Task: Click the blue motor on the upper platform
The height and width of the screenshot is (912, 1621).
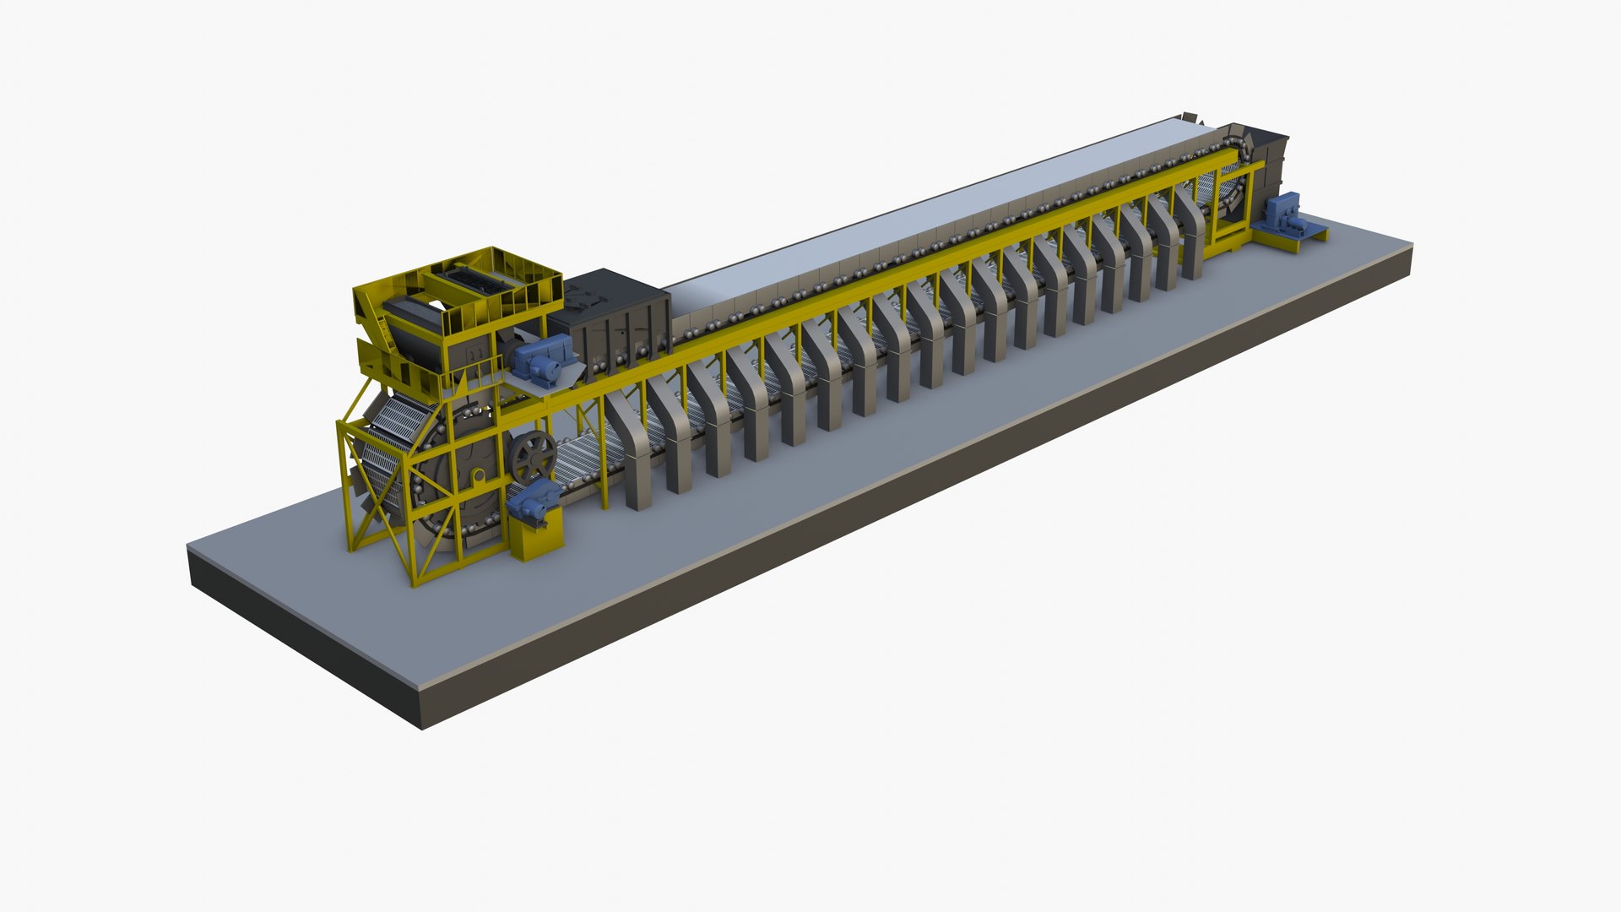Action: click(x=538, y=361)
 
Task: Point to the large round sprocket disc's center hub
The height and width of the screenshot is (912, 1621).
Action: click(x=478, y=478)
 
